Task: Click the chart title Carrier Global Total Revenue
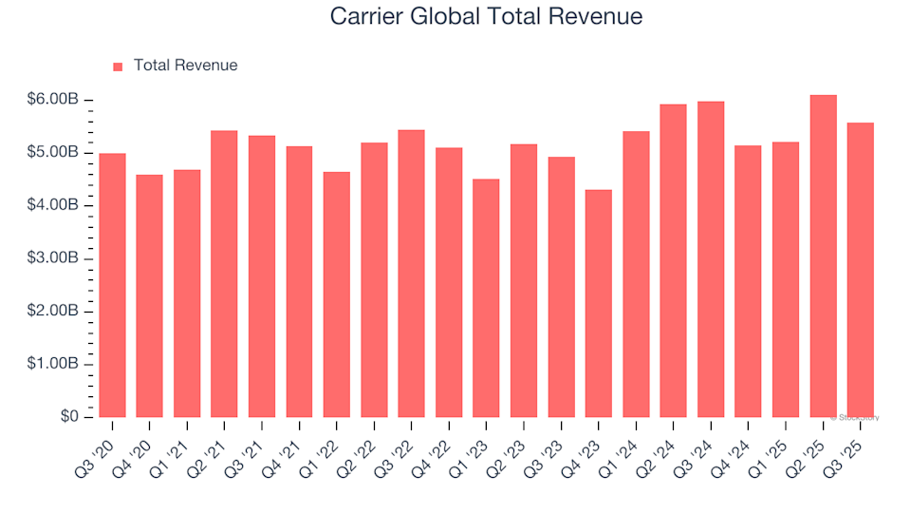click(486, 16)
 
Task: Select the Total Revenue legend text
click(185, 66)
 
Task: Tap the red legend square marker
click(118, 66)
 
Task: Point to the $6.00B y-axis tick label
click(53, 100)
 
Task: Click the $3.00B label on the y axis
click(53, 258)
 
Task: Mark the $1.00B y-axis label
click(53, 364)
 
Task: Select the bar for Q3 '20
click(112, 285)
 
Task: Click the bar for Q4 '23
click(598, 304)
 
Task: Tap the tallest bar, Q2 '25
click(823, 256)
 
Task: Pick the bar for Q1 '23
click(486, 298)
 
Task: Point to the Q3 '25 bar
click(860, 270)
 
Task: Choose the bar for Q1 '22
click(336, 294)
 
